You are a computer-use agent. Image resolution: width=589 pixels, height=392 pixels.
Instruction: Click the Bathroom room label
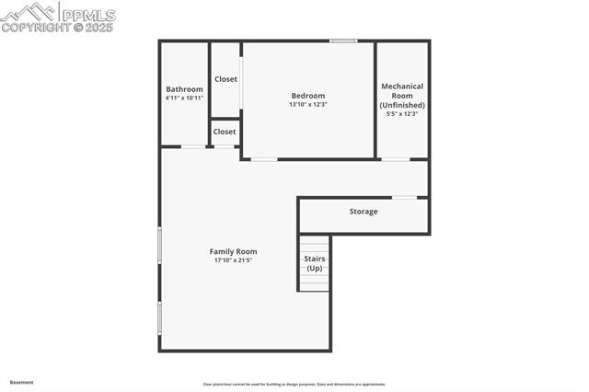(184, 89)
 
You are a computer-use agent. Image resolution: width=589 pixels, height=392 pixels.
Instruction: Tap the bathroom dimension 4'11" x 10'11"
(184, 98)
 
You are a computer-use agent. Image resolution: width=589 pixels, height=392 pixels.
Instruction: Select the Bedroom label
(307, 96)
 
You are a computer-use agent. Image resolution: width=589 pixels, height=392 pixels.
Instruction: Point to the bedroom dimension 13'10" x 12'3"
(307, 104)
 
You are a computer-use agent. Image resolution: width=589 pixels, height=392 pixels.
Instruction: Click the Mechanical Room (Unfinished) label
(402, 96)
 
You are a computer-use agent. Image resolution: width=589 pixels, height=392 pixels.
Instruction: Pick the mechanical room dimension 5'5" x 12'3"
(402, 114)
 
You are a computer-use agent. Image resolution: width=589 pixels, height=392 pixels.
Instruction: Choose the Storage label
(363, 212)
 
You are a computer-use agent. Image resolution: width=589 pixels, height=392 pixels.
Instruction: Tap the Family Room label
(233, 251)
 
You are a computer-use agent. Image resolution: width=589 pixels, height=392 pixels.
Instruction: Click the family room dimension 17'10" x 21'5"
(233, 260)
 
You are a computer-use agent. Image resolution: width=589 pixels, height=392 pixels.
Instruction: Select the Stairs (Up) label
(314, 263)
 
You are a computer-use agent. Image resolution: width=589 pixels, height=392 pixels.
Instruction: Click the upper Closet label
(225, 79)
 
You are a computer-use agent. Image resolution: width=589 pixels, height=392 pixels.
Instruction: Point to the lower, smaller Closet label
(225, 132)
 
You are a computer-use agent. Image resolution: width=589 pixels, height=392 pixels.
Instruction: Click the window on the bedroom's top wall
(344, 40)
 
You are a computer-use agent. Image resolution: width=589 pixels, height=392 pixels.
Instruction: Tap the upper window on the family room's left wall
(160, 247)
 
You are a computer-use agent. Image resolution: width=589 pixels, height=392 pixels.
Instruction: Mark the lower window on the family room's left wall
(160, 317)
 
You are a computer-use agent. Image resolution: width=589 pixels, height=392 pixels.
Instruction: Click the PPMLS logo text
(88, 15)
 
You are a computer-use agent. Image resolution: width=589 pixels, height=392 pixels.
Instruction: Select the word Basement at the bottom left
(21, 382)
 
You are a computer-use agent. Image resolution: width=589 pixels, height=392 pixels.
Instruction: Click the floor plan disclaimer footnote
(294, 384)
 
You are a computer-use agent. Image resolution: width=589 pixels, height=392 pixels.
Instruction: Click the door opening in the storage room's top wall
(404, 197)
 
